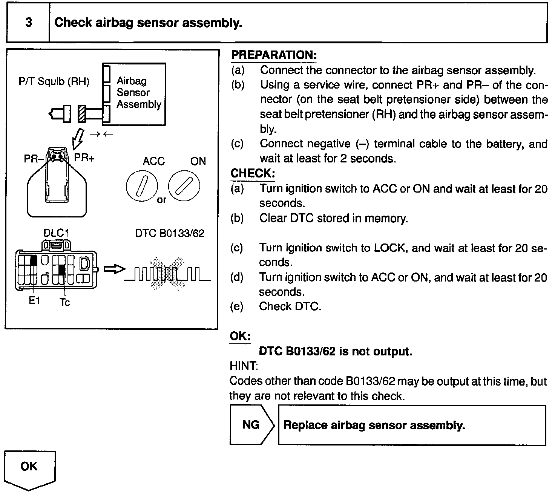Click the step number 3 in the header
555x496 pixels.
[x=29, y=23]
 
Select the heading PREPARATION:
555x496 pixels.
[x=274, y=55]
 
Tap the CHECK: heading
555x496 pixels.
[x=252, y=174]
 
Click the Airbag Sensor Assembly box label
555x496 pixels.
[x=138, y=92]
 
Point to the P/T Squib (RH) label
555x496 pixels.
[x=54, y=82]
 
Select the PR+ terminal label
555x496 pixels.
[x=84, y=158]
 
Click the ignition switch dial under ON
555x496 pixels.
[x=184, y=187]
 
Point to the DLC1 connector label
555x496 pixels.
[x=56, y=233]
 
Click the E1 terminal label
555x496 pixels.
[x=34, y=301]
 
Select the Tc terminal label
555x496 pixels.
[x=65, y=302]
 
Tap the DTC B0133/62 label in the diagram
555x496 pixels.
[x=170, y=234]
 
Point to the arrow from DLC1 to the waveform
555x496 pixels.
[x=114, y=269]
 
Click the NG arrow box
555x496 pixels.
[x=252, y=425]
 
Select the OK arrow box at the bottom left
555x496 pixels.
[x=29, y=469]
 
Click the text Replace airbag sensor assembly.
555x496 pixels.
[x=374, y=426]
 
